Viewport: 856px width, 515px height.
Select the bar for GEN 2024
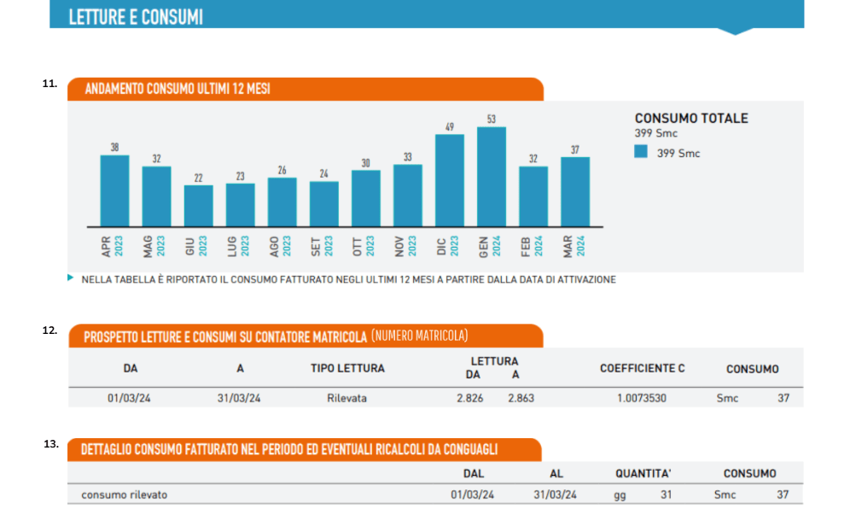point(492,177)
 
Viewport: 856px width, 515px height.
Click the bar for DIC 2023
point(450,180)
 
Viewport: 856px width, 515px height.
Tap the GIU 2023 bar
point(199,206)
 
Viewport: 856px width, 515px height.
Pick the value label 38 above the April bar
point(115,148)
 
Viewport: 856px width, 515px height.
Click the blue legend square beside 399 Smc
point(642,153)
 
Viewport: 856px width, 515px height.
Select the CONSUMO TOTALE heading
point(691,119)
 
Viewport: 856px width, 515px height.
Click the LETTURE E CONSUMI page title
point(136,17)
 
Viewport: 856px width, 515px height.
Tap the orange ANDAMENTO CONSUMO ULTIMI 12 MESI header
point(178,90)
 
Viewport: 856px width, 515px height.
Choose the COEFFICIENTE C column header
point(642,369)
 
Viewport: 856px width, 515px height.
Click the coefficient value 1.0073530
point(643,398)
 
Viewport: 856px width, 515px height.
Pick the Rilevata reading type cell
point(346,398)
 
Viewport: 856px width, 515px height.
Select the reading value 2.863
point(521,398)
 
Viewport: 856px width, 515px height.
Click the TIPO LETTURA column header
point(347,369)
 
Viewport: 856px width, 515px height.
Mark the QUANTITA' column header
point(643,473)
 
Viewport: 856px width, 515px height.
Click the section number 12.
point(50,329)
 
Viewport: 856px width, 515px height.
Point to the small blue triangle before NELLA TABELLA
point(70,278)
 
